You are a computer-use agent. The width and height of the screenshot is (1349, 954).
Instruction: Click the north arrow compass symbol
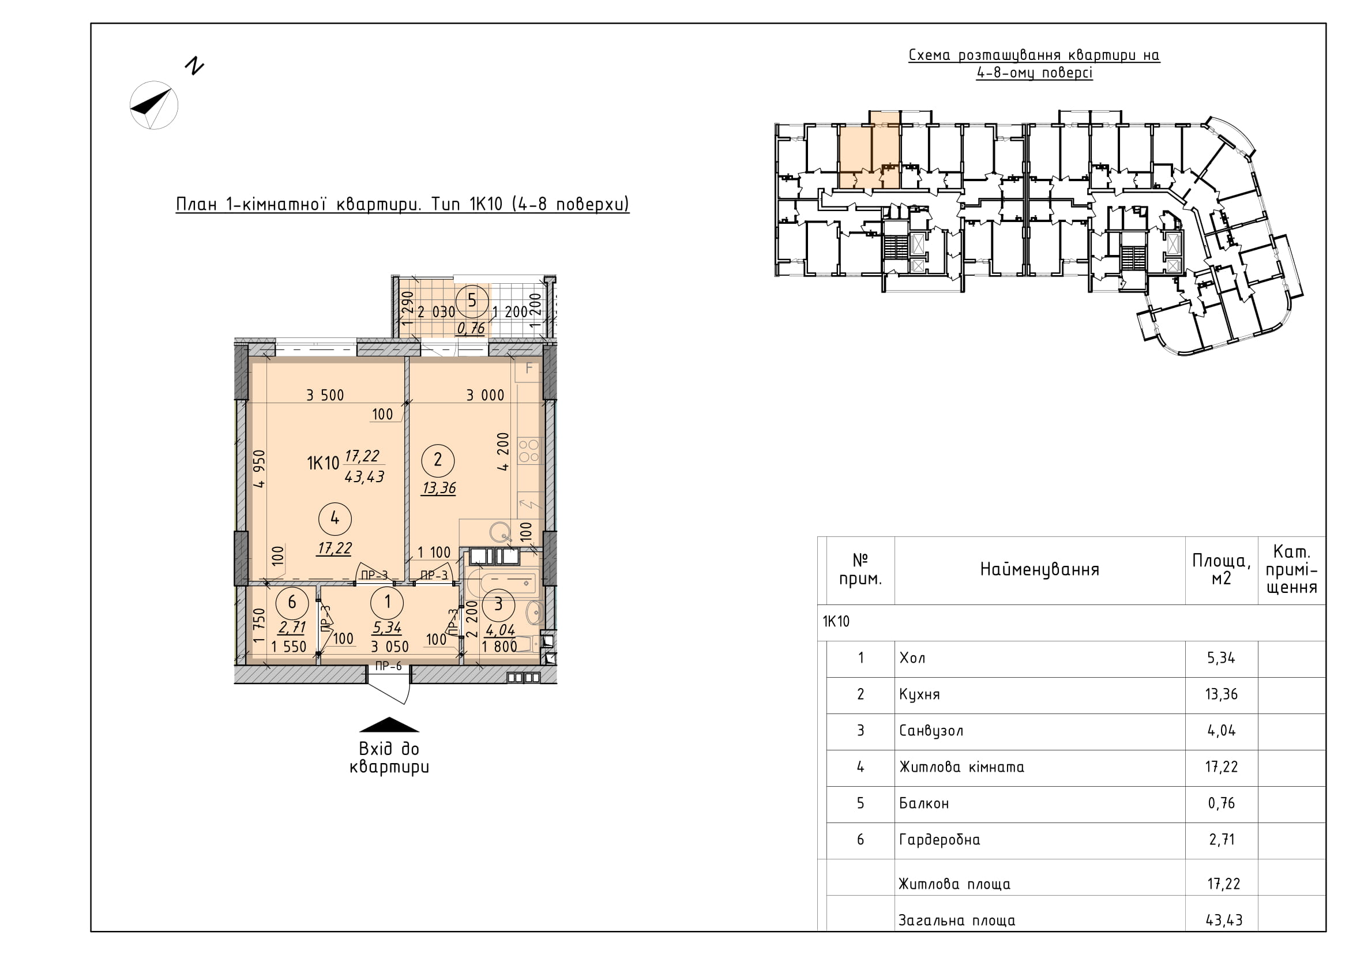153,105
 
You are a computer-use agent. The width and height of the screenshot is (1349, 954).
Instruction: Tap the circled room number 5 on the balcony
472,301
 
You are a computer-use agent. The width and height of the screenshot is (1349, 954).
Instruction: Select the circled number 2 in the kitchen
438,460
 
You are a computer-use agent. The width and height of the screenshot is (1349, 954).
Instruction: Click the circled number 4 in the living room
335,518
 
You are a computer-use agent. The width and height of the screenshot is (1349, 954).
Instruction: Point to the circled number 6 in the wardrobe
291,602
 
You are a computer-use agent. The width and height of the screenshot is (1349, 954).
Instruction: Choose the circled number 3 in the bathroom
498,604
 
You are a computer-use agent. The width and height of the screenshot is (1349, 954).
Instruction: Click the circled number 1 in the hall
387,602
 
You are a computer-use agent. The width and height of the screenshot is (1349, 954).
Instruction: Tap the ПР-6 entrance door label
388,666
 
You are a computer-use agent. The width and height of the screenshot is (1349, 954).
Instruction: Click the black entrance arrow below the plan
389,724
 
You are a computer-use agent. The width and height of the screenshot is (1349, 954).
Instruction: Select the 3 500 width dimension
325,395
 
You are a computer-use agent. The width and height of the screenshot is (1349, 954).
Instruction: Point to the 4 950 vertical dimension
259,469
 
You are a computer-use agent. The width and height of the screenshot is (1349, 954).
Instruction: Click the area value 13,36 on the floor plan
439,488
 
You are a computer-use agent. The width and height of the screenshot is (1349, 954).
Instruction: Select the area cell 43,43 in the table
1224,920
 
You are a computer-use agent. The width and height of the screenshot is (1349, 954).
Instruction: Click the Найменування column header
1039,569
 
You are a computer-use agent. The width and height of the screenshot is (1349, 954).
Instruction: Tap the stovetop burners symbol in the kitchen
529,450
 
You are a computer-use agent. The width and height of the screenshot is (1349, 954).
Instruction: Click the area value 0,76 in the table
1222,803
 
